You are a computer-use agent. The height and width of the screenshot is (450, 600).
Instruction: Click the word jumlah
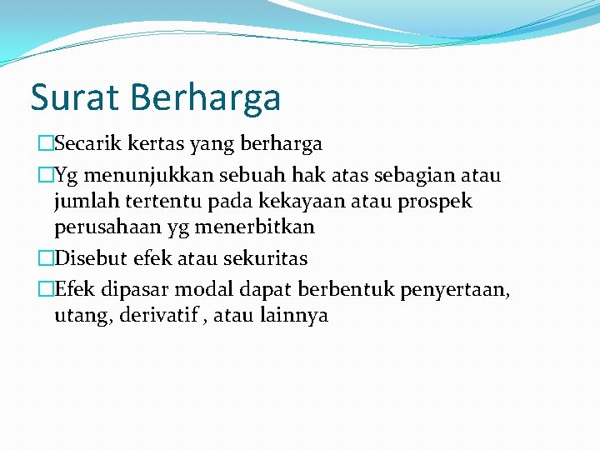[82, 202]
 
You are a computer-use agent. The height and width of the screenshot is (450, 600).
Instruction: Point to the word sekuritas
[266, 257]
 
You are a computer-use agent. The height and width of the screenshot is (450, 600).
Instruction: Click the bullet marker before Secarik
[45, 144]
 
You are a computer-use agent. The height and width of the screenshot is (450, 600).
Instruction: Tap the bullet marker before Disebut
[45, 258]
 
